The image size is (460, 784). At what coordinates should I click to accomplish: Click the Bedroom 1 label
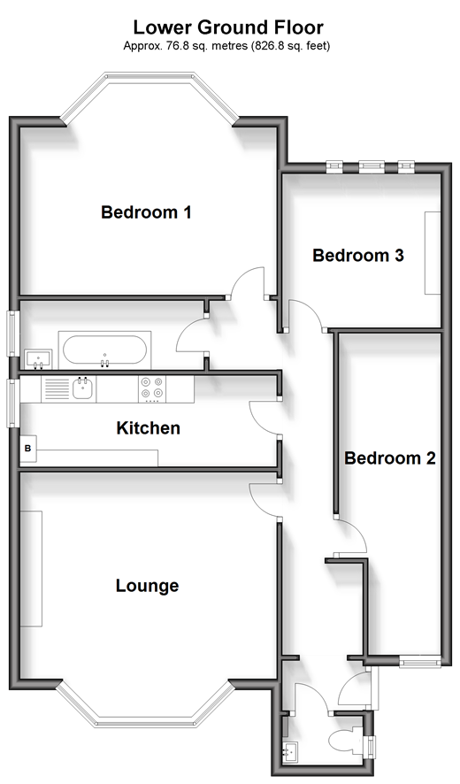coord(146,212)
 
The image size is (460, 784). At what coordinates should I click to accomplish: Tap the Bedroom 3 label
coord(358,255)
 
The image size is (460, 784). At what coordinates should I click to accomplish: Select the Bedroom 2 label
coord(390,457)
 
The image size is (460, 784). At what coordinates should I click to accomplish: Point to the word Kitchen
coord(148,428)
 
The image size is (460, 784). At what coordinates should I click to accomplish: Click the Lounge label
coord(147,586)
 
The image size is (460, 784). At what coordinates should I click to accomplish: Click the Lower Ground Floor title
coord(228,27)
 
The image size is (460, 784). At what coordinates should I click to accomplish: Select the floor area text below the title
coord(226,46)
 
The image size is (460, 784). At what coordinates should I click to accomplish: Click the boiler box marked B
coord(28,449)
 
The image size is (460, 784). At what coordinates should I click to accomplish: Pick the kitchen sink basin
coord(83,388)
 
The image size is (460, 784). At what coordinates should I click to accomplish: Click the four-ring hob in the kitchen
coord(152,389)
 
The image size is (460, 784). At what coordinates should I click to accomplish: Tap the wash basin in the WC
coord(289,751)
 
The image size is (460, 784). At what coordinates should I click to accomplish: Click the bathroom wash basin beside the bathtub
coord(38,359)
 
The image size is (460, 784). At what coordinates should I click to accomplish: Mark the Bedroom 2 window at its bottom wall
coord(420,661)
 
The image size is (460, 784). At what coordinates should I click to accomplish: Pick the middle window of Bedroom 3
coord(371,167)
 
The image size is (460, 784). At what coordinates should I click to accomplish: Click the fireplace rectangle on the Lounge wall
coord(31,568)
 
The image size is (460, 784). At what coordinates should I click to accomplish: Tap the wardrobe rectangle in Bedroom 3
coord(433,253)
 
